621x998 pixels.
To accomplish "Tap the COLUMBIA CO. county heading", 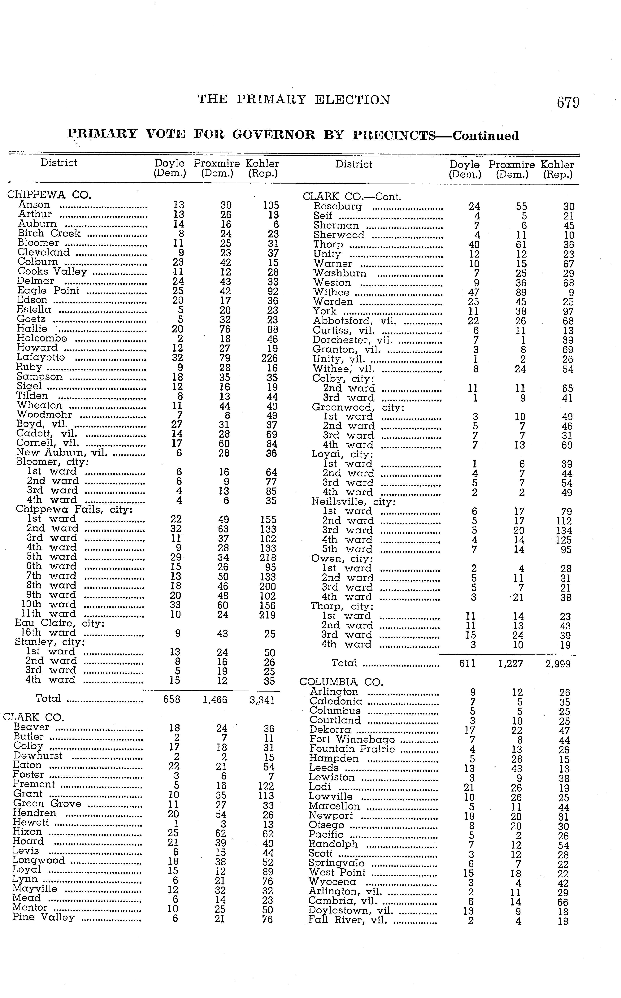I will [x=341, y=682].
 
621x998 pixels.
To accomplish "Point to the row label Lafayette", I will [x=41, y=357].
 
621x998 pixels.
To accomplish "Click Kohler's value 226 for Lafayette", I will [x=269, y=358].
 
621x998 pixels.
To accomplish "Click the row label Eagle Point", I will [x=48, y=291].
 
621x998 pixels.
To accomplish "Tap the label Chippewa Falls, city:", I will [x=74, y=510].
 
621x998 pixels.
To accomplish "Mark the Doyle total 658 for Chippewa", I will [x=172, y=699].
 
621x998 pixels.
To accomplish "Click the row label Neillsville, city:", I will [x=353, y=502].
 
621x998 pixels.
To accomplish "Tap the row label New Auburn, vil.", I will [x=62, y=453].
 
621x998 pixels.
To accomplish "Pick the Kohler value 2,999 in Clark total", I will [x=558, y=664].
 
